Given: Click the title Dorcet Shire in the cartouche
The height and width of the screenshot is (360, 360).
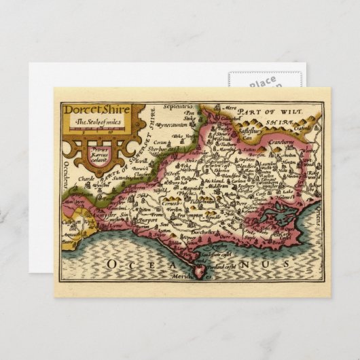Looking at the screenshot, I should click(x=92, y=109).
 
